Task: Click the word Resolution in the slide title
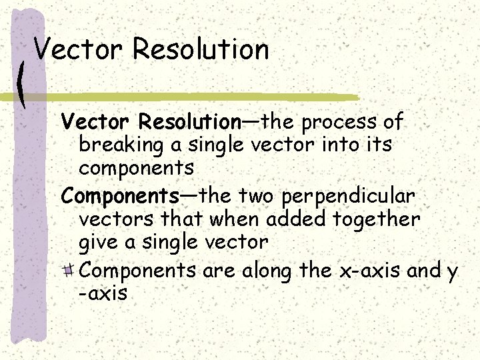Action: (201, 49)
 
